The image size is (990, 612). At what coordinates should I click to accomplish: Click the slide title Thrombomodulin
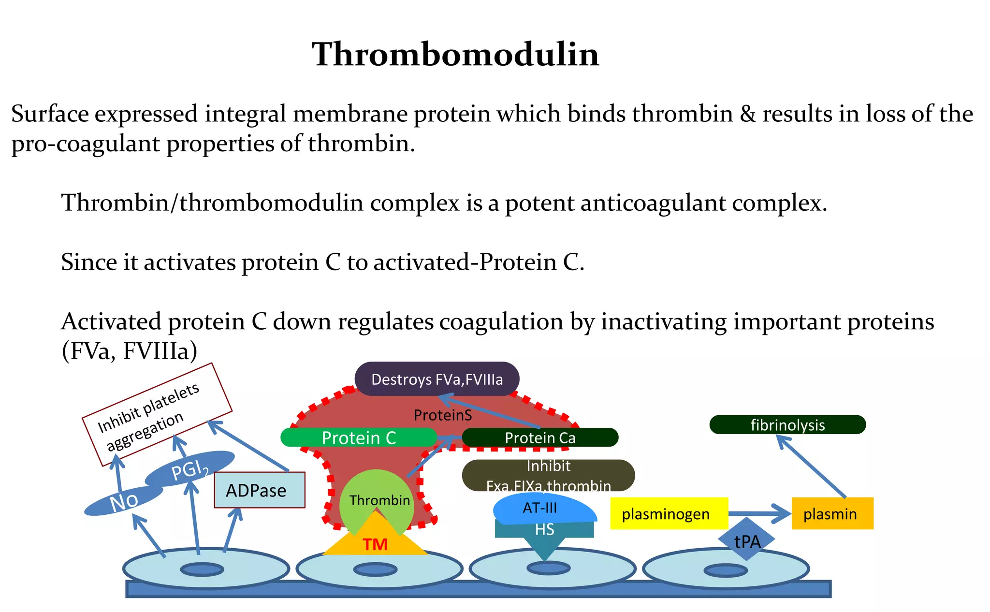pos(455,54)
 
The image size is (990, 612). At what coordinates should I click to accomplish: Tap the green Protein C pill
pos(359,437)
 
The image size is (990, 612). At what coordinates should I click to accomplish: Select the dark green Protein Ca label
pos(540,437)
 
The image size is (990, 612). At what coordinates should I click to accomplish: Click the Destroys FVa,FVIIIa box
pos(437,379)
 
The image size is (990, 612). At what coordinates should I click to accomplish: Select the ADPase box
pos(259,490)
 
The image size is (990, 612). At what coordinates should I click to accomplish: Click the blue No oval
pos(124,501)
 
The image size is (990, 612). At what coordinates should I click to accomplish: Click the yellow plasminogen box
pos(669,513)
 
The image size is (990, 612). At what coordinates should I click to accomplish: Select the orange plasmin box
pos(832,513)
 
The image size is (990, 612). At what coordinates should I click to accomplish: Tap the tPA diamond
pos(747,540)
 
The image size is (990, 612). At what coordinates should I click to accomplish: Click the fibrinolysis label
pos(787,424)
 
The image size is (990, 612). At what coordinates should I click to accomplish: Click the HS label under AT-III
pos(544,530)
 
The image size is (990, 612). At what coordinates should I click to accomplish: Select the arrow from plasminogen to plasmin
pos(759,513)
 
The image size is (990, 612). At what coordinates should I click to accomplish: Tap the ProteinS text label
pos(443,415)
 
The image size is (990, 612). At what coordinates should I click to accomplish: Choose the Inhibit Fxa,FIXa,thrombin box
pos(548,475)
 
